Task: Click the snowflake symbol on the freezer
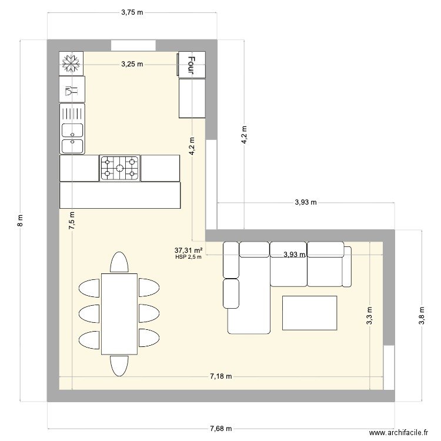(x=71, y=64)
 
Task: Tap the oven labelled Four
(x=192, y=64)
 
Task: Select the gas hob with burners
(x=119, y=168)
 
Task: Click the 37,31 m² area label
(x=189, y=250)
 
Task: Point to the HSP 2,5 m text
(x=188, y=257)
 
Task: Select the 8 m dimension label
(x=21, y=220)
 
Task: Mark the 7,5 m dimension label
(x=72, y=220)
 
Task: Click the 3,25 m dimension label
(x=132, y=64)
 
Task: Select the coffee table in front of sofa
(x=309, y=313)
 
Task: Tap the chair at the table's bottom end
(x=119, y=365)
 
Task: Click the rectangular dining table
(x=119, y=313)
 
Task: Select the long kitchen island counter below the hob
(x=119, y=195)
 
